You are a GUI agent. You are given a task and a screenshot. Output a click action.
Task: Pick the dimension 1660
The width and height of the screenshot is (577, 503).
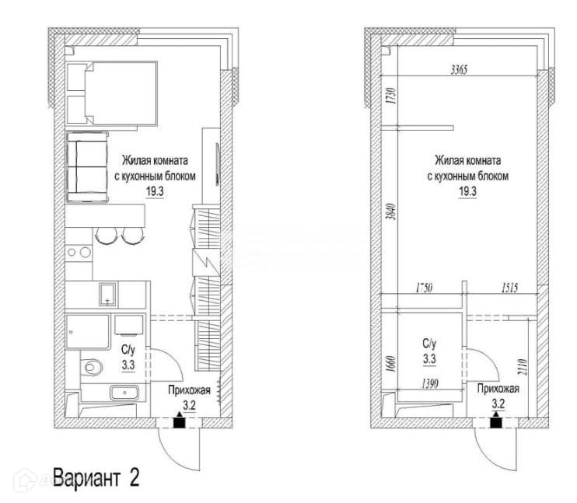[x=390, y=363]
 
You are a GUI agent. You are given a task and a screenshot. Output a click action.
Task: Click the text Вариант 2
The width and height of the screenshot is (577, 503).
[x=96, y=473]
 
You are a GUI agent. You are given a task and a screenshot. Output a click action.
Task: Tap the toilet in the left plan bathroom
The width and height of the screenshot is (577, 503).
[x=93, y=364]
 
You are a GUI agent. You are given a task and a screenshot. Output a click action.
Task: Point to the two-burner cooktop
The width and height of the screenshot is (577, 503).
[x=79, y=252]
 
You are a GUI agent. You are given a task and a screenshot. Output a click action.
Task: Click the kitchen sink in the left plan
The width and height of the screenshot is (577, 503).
[x=109, y=295]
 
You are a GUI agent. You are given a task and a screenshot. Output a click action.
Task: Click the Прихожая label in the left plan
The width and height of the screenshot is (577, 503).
[x=187, y=389]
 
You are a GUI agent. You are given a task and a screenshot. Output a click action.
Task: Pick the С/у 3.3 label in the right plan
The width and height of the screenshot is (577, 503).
[x=429, y=351]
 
